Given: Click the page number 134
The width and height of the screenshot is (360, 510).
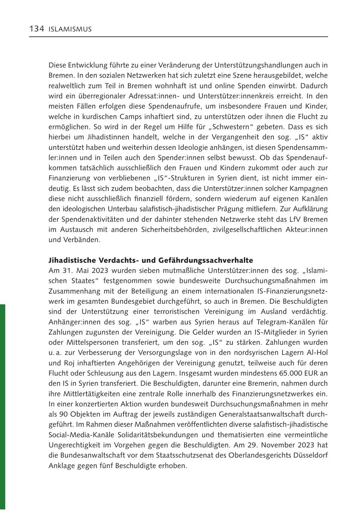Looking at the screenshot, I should pyautogui.click(x=36, y=29).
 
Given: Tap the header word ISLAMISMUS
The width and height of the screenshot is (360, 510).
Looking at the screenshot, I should pyautogui.click(x=70, y=29).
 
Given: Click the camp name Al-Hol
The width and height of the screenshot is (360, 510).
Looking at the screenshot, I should pyautogui.click(x=317, y=353).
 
